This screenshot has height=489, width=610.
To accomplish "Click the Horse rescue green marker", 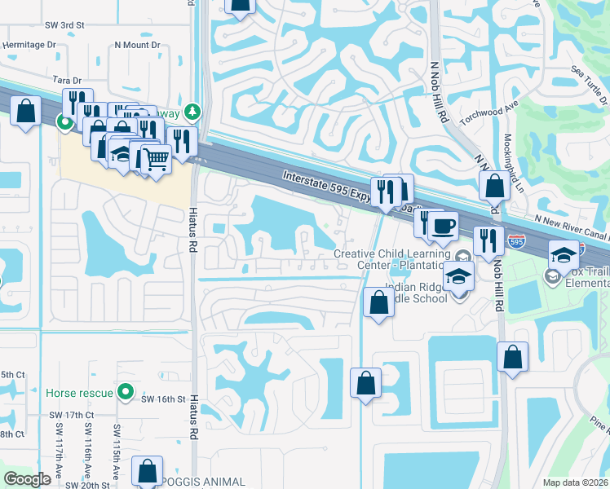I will click(125, 393).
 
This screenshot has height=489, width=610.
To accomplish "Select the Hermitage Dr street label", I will click(29, 46).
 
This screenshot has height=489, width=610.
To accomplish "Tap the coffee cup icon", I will click(444, 226).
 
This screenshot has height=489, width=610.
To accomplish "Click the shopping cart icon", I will click(156, 157).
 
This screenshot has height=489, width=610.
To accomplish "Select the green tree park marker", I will click(192, 111).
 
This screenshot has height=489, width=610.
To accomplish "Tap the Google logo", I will click(27, 479).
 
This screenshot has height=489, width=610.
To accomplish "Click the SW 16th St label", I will click(162, 399).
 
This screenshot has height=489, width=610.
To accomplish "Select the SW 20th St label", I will click(88, 485).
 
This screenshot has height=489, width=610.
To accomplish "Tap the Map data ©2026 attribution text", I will click(576, 482).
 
